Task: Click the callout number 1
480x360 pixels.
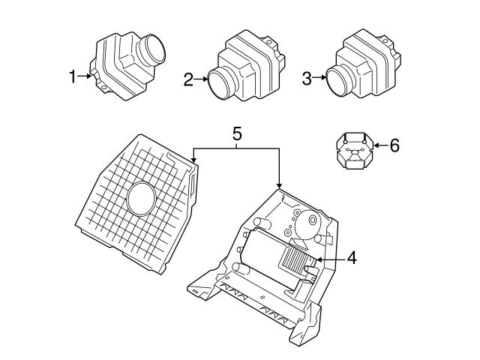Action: [x=73, y=76]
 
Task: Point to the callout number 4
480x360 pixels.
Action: [x=351, y=259]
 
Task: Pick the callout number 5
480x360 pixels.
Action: [x=236, y=135]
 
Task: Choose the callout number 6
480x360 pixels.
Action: [x=394, y=145]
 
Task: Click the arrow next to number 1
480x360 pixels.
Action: [x=86, y=76]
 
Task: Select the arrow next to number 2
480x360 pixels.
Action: [x=203, y=77]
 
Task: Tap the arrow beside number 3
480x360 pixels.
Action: [x=320, y=76]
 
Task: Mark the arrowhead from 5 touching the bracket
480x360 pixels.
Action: [x=280, y=187]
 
